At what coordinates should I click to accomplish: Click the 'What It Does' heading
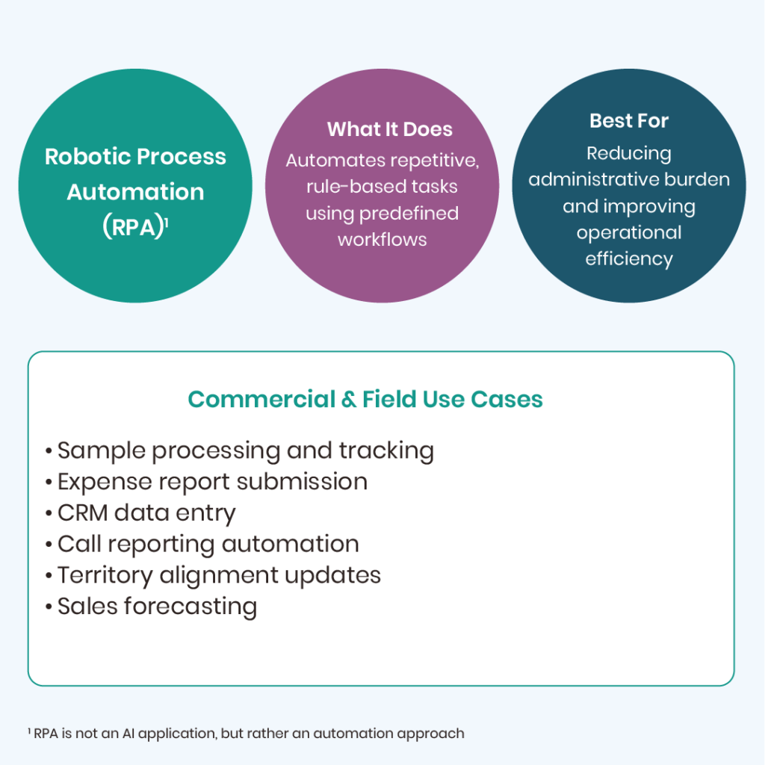(x=389, y=129)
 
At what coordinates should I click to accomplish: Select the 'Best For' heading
(x=628, y=121)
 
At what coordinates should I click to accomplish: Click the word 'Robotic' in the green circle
(x=87, y=157)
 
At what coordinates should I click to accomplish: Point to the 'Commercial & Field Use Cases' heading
(x=365, y=400)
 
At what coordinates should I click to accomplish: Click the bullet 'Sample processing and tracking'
(x=245, y=450)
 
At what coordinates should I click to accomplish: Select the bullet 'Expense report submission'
(x=212, y=482)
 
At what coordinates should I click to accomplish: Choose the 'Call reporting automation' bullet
(x=208, y=544)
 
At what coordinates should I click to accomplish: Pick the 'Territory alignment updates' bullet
(x=219, y=575)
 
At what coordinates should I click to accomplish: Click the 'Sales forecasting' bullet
(x=157, y=606)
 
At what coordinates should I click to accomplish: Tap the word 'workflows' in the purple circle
(x=382, y=240)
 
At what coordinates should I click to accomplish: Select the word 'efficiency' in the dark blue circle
(x=628, y=259)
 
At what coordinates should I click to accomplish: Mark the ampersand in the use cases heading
(x=348, y=400)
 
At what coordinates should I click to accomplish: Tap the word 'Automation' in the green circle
(x=135, y=192)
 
